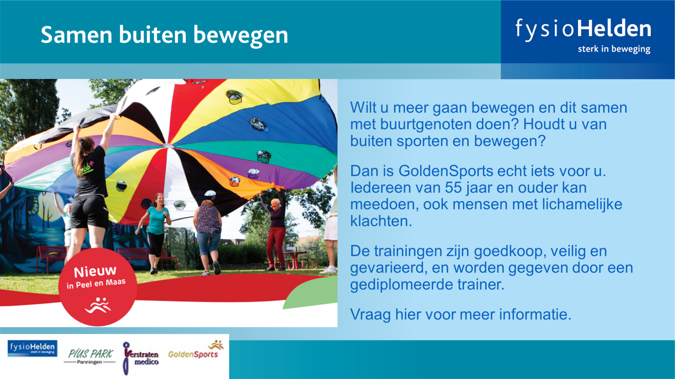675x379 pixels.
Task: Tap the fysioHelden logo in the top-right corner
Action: (x=583, y=35)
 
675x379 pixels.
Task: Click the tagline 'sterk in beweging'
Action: (x=614, y=49)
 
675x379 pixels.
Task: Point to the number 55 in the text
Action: (x=453, y=188)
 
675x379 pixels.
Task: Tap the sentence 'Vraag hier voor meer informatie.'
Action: (x=461, y=314)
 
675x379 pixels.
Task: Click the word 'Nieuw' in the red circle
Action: (x=95, y=271)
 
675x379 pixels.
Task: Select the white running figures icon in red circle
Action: (x=98, y=305)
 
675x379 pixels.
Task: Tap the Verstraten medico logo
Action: (x=141, y=358)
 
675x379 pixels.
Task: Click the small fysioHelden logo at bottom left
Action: (x=32, y=348)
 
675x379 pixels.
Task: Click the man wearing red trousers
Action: (x=275, y=232)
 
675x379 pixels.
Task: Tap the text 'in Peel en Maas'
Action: (x=96, y=284)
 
